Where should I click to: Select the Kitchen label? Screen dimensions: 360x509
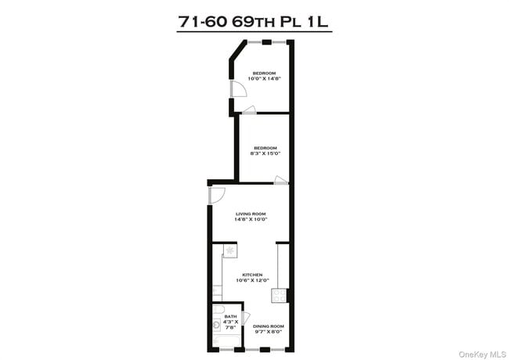pyautogui.click(x=251, y=275)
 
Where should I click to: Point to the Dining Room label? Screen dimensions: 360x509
pyautogui.click(x=268, y=326)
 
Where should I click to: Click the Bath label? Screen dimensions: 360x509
pyautogui.click(x=230, y=316)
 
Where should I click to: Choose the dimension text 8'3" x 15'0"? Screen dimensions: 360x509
pyautogui.click(x=265, y=153)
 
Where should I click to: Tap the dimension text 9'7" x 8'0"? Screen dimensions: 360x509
pyautogui.click(x=268, y=331)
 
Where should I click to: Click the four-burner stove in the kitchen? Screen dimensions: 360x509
pyautogui.click(x=278, y=295)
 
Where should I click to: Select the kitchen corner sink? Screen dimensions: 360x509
pyautogui.click(x=229, y=250)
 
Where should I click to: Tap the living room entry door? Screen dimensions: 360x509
pyautogui.click(x=217, y=195)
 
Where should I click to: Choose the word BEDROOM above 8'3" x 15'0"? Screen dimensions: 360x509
pyautogui.click(x=265, y=148)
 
